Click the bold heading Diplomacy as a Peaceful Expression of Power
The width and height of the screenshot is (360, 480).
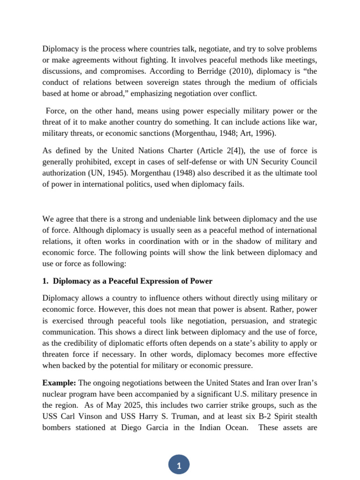[133, 281]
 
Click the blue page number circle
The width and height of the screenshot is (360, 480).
[179, 465]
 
